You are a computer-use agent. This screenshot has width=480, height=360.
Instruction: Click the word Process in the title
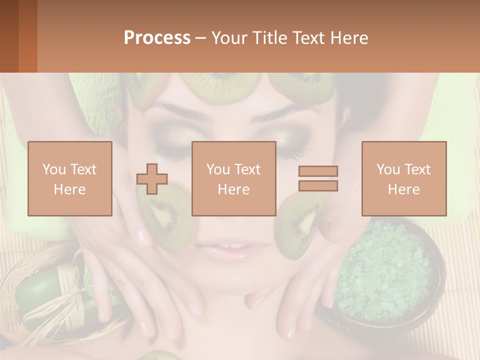click(157, 38)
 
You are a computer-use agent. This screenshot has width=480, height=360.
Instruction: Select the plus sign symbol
click(152, 179)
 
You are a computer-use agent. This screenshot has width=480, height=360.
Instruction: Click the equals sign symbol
click(318, 178)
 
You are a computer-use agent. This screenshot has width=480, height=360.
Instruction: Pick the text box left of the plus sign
click(70, 178)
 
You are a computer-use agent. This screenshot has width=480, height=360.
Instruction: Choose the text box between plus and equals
click(233, 178)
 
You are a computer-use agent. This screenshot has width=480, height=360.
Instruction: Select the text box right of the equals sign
click(403, 178)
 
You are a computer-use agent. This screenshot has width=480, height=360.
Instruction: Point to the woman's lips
click(228, 249)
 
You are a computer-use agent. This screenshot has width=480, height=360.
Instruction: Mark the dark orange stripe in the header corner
click(28, 36)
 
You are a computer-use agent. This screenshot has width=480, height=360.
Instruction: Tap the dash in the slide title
click(201, 38)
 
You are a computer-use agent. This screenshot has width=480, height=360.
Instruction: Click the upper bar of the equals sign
click(318, 171)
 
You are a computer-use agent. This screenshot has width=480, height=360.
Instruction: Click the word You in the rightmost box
click(387, 169)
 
